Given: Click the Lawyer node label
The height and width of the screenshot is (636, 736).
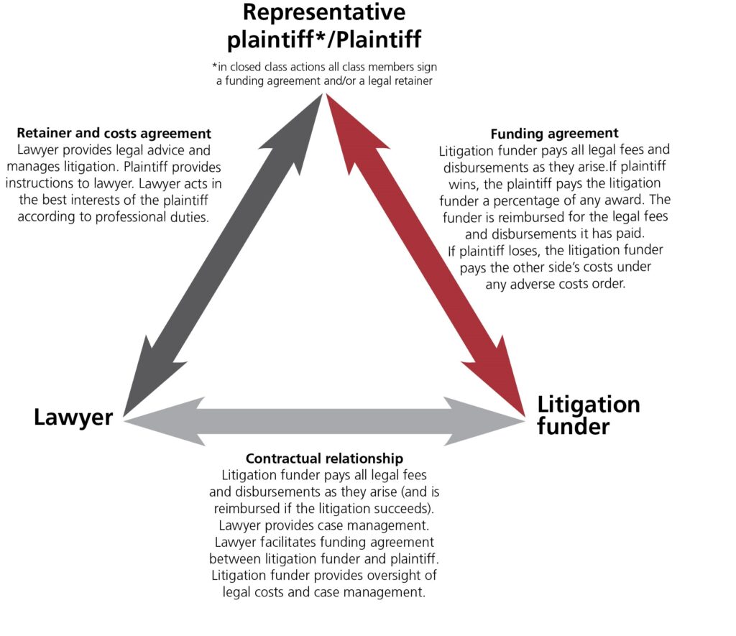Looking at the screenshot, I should click(x=73, y=418).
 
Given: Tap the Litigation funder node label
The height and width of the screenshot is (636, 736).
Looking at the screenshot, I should click(x=588, y=415).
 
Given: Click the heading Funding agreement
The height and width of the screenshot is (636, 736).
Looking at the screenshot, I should click(x=554, y=134).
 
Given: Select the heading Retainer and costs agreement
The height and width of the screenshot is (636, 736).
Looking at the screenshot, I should click(x=114, y=134).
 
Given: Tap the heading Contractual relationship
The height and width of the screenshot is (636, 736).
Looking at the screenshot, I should click(x=324, y=458).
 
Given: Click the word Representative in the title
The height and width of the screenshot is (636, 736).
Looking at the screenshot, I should click(x=323, y=12).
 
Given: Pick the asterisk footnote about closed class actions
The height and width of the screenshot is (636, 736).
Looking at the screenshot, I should click(x=324, y=74).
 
